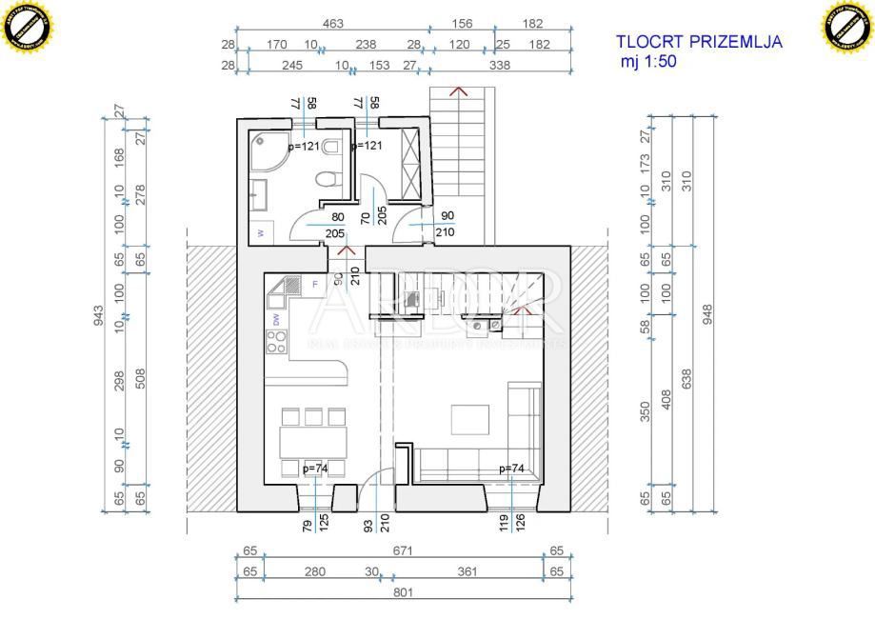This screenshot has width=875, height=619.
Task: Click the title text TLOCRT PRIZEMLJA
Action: click(699, 42)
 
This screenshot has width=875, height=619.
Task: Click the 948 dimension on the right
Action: click(706, 314)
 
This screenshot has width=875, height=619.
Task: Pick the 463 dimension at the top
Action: click(332, 24)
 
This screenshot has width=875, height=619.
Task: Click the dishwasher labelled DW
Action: click(276, 320)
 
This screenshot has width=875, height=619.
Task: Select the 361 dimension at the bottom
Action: click(467, 572)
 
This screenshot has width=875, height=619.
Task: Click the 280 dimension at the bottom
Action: click(315, 572)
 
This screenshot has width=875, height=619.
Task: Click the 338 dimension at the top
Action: click(499, 66)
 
